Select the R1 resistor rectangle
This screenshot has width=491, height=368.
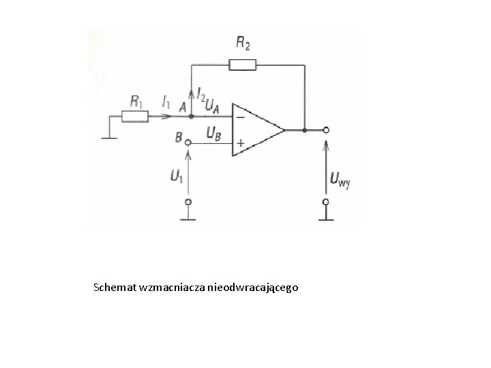point(135,117)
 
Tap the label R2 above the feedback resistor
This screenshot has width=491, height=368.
point(242,44)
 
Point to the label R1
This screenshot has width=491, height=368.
point(136,101)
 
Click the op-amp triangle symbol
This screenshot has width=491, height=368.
point(256,129)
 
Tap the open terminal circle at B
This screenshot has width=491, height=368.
point(189,143)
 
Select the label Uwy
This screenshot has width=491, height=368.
point(339,181)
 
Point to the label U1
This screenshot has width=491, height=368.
point(177,176)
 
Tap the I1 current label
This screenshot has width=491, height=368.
point(166,102)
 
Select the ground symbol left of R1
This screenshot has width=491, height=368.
point(107,134)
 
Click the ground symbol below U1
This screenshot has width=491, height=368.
point(189,218)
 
